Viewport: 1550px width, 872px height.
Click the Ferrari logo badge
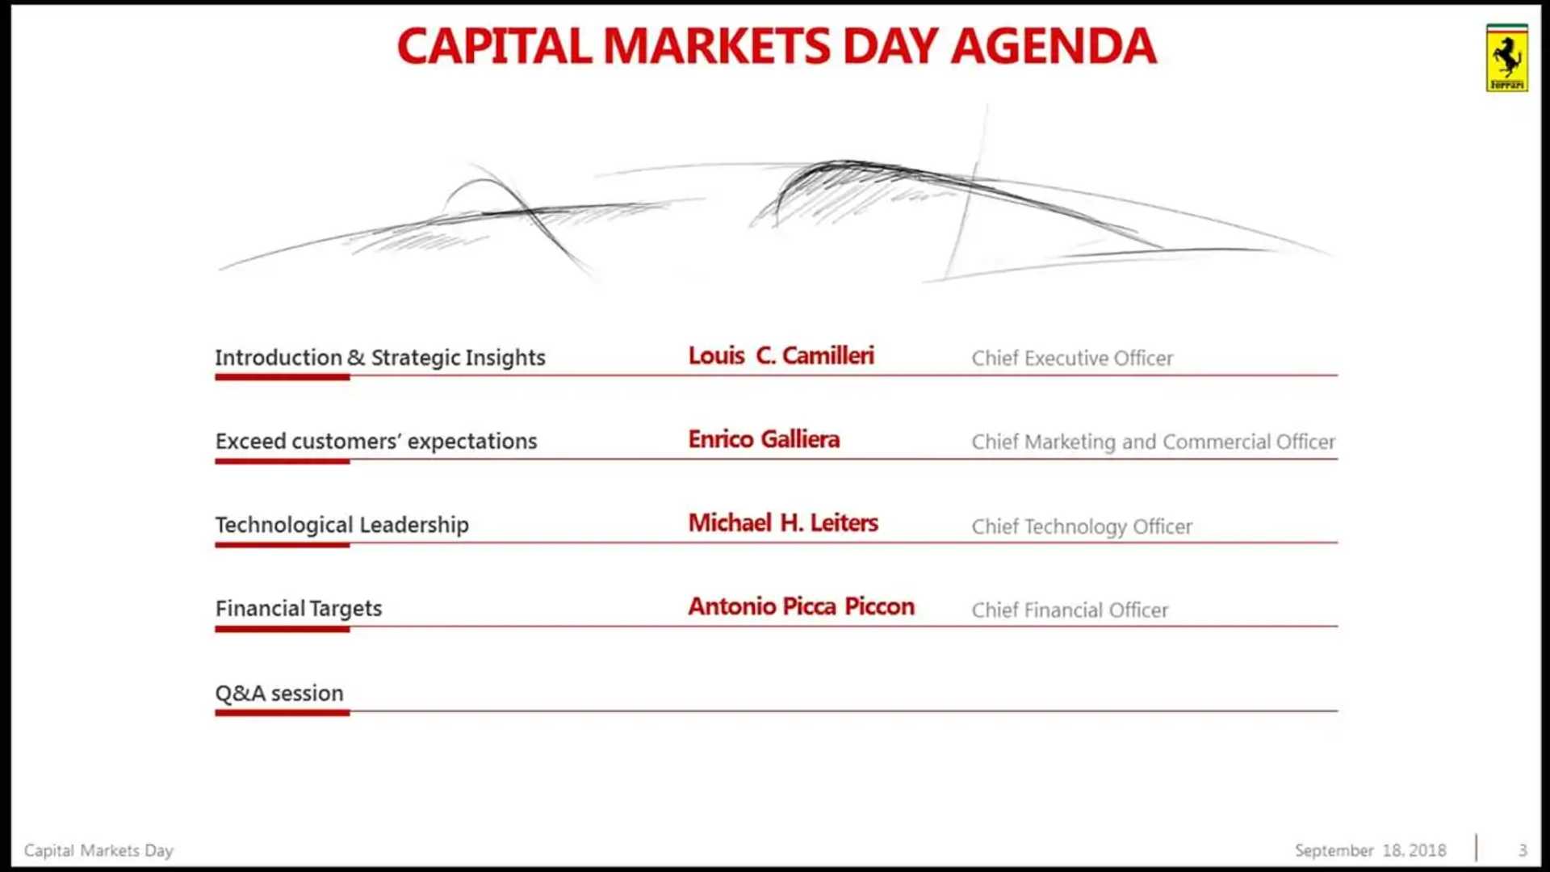coord(1506,58)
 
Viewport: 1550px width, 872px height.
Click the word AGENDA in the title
coord(1054,46)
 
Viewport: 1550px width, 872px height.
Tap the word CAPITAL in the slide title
coord(495,46)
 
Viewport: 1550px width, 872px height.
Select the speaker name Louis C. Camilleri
coord(781,356)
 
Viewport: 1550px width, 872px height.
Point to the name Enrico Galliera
coord(764,439)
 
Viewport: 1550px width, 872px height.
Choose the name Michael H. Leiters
coord(783,523)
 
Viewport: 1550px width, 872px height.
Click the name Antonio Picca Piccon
coord(801,606)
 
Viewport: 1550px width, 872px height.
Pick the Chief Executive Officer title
coord(1072,358)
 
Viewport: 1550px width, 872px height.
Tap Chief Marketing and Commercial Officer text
coord(1153,442)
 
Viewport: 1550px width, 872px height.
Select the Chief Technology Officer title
coord(1082,526)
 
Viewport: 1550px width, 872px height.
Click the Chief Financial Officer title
coord(1070,610)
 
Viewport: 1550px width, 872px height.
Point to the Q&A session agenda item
coord(279,694)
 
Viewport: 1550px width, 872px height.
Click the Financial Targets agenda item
coord(299,609)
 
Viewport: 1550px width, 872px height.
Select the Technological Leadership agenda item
coord(341,526)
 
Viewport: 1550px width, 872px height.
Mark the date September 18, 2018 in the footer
coord(1370,850)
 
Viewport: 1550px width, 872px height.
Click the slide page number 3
coord(1523,850)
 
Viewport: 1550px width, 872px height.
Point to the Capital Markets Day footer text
coord(98,850)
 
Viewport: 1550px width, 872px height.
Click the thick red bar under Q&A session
coord(283,712)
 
